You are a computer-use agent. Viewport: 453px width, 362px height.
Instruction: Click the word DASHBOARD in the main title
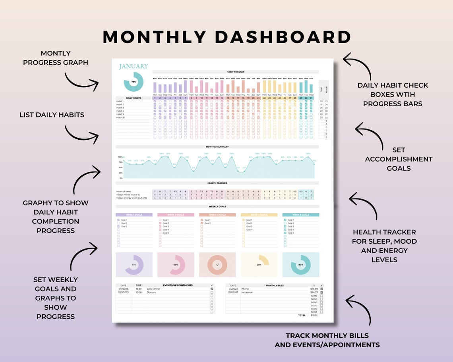[x=283, y=37]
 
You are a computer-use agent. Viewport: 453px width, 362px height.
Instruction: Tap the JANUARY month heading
[x=134, y=66]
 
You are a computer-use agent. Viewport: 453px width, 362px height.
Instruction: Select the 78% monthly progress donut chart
[x=134, y=82]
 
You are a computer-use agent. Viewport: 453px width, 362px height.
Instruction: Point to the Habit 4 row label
[x=120, y=111]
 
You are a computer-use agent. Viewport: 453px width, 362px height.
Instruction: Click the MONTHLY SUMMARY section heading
[x=217, y=147]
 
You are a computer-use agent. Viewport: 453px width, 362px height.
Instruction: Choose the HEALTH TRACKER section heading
[x=217, y=183]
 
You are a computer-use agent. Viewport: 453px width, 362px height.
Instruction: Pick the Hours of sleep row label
[x=124, y=192]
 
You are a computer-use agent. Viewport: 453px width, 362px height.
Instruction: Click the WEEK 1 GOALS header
[x=134, y=215]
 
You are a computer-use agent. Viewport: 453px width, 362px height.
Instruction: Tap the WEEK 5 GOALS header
[x=300, y=215]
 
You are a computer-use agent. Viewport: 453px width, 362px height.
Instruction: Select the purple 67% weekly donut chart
[x=134, y=265]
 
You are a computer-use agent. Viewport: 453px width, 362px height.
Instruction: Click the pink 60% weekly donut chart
[x=176, y=265]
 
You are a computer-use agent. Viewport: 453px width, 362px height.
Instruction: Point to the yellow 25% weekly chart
[x=259, y=264]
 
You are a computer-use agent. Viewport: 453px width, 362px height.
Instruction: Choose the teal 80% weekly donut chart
[x=300, y=265]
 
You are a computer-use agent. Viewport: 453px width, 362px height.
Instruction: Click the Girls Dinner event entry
[x=154, y=289]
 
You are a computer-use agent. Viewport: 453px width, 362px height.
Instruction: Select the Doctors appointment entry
[x=151, y=293]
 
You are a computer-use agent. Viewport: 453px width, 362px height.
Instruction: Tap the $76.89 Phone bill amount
[x=314, y=289]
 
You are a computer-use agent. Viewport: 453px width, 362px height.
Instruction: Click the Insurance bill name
[x=247, y=293]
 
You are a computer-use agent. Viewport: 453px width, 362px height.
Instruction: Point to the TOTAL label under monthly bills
[x=302, y=315]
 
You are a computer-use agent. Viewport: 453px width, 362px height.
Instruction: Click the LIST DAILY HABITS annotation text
[x=52, y=115]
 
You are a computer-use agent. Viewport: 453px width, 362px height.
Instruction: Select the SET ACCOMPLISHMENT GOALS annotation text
[x=399, y=159]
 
